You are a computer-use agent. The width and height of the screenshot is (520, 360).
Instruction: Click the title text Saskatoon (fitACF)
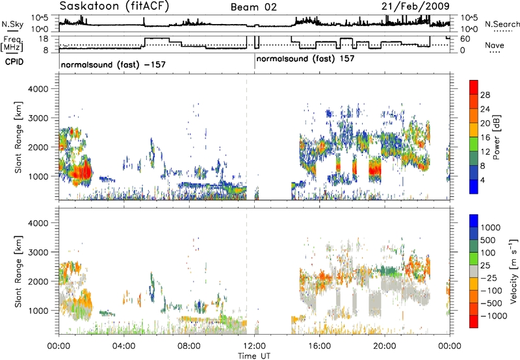coord(114,6)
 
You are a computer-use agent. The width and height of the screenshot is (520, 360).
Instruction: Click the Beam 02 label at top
coord(253,7)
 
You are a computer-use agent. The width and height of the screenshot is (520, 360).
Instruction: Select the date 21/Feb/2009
coord(415,6)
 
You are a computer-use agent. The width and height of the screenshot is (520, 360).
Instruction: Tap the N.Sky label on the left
coord(12,24)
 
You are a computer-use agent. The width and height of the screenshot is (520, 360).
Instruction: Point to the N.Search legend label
coord(502,24)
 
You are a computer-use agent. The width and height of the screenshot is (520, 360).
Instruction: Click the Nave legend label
coord(495,45)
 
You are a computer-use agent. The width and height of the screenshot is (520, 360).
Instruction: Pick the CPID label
coord(14,62)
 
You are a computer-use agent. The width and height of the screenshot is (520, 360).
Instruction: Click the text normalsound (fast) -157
coord(113,64)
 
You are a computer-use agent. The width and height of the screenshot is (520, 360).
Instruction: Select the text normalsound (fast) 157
coord(305,59)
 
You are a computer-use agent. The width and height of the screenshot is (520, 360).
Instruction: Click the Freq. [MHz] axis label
coord(12,44)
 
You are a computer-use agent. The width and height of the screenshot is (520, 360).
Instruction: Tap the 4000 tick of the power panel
coord(38,89)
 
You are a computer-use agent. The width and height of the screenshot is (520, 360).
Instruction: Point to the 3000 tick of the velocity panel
coord(38,252)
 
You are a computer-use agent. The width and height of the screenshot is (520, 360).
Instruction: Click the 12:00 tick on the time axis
coord(254,346)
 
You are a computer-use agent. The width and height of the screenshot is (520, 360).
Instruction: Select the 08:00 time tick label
coord(189,346)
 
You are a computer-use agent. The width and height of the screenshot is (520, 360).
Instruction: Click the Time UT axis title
coord(254,356)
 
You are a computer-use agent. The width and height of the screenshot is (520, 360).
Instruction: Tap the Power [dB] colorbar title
coord(497,137)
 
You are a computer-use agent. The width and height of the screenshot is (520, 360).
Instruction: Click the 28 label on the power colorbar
coord(485,95)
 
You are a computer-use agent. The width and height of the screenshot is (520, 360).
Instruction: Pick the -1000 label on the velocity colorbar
coord(494,316)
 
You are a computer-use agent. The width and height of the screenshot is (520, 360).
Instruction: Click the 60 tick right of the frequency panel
coord(465,39)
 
